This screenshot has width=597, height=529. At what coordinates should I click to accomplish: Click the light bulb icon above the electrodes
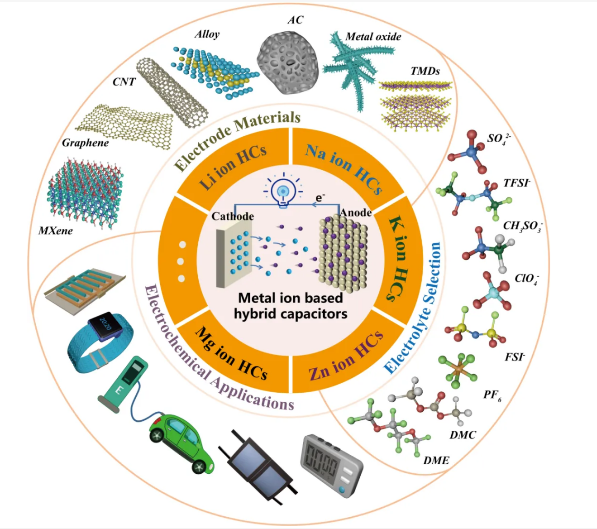283,190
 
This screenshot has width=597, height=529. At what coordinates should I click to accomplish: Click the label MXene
55,231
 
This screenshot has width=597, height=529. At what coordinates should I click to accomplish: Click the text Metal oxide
373,37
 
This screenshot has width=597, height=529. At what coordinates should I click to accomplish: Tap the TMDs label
425,71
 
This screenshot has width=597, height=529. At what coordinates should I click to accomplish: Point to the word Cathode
233,216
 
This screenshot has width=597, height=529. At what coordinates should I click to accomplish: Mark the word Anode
356,213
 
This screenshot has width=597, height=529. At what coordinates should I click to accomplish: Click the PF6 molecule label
492,395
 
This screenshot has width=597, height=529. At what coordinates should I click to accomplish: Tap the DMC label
463,435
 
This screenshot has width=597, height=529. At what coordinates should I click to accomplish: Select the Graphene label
85,143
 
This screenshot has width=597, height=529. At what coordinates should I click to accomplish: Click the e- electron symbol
320,198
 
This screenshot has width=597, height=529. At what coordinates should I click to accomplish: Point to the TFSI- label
516,183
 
